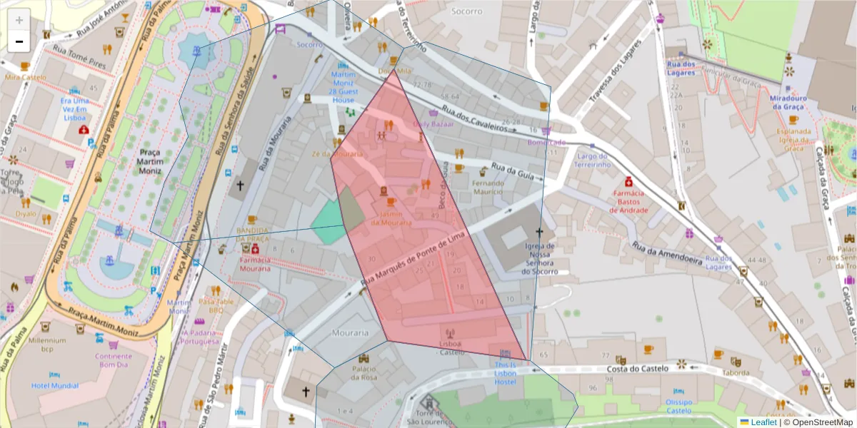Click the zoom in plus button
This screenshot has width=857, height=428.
click(19, 20)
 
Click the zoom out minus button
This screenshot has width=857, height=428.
click(19, 41)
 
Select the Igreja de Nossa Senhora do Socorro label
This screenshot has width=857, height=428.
click(539, 259)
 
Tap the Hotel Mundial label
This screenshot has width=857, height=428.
click(55, 386)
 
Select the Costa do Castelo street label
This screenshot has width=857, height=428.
click(637, 368)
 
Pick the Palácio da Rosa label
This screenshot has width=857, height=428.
click(364, 372)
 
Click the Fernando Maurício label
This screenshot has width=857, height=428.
click(488, 188)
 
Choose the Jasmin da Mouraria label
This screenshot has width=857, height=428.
click(391, 218)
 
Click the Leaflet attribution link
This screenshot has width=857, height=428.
click(763, 422)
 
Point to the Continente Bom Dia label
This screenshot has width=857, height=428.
click(114, 360)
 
